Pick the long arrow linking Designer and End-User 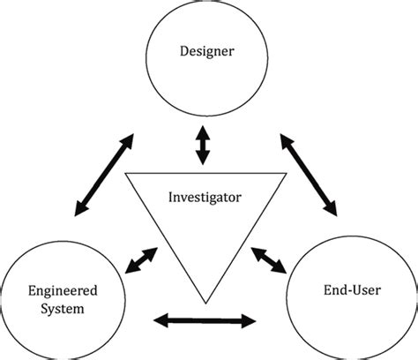click(x=309, y=175)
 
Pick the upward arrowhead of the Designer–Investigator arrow click(x=204, y=131)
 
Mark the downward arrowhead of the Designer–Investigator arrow click(x=204, y=160)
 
